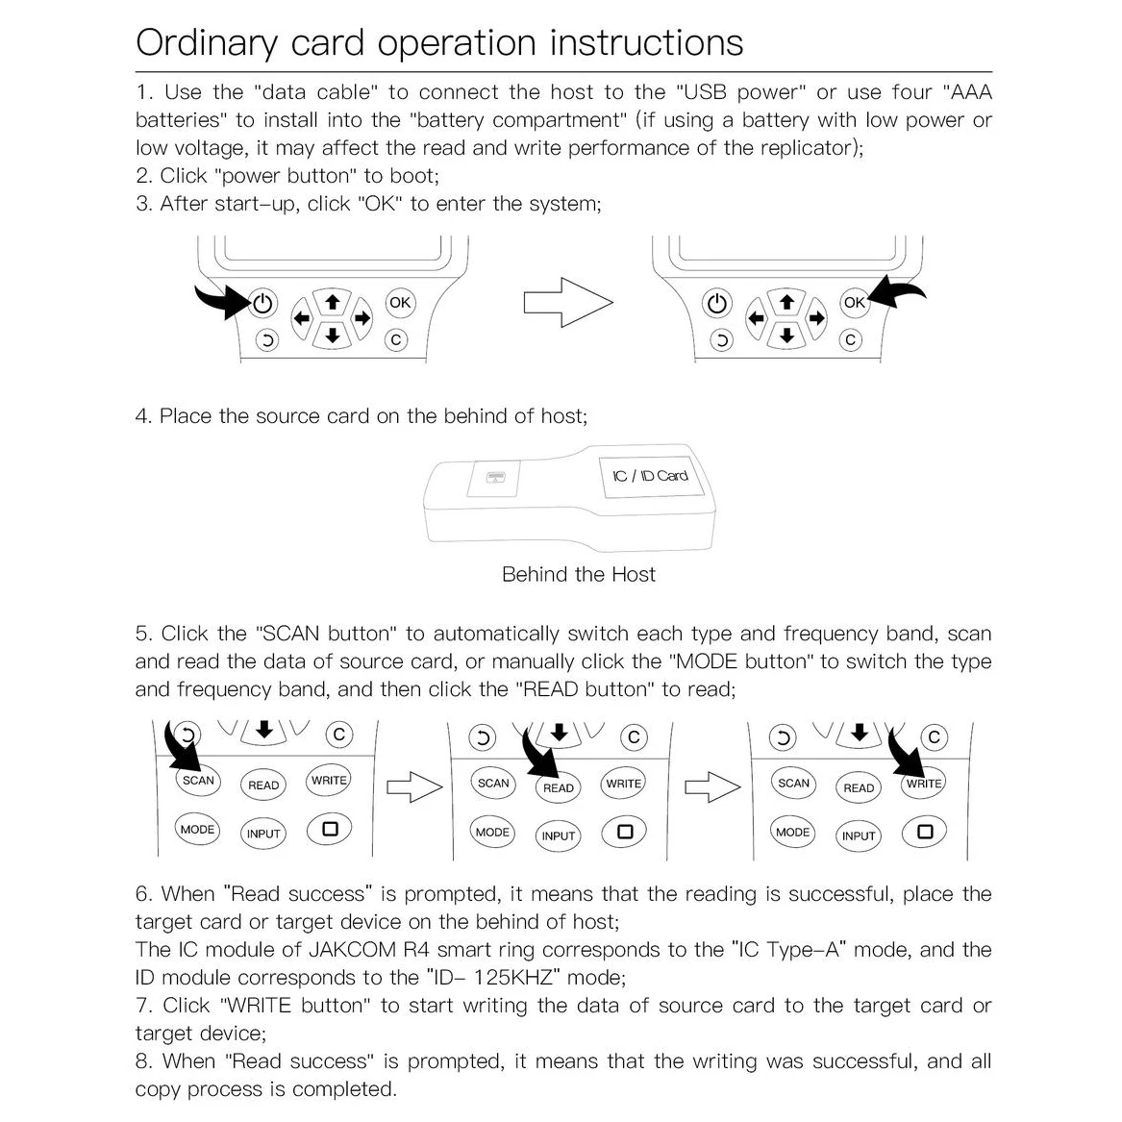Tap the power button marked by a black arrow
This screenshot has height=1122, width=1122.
pyautogui.click(x=262, y=304)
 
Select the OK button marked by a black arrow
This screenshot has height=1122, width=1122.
pyautogui.click(x=854, y=302)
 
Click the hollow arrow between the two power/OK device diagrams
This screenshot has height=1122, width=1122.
pyautogui.click(x=567, y=303)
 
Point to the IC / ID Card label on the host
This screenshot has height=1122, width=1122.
pyautogui.click(x=650, y=475)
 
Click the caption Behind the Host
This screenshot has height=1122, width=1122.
pyautogui.click(x=578, y=575)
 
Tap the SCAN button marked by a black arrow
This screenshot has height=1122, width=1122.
pyautogui.click(x=198, y=780)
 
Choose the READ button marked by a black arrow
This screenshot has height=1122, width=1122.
pyautogui.click(x=558, y=787)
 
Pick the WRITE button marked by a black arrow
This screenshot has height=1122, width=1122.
pyautogui.click(x=924, y=784)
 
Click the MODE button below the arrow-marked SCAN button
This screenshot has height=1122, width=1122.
pyautogui.click(x=198, y=829)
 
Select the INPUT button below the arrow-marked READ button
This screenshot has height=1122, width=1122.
pyautogui.click(x=558, y=835)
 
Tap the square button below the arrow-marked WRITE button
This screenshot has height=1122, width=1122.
pyautogui.click(x=925, y=832)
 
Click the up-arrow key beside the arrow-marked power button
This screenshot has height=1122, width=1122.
pyautogui.click(x=332, y=301)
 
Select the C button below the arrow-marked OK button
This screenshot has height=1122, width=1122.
pyautogui.click(x=850, y=339)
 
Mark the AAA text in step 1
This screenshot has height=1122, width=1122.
pyautogui.click(x=968, y=92)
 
